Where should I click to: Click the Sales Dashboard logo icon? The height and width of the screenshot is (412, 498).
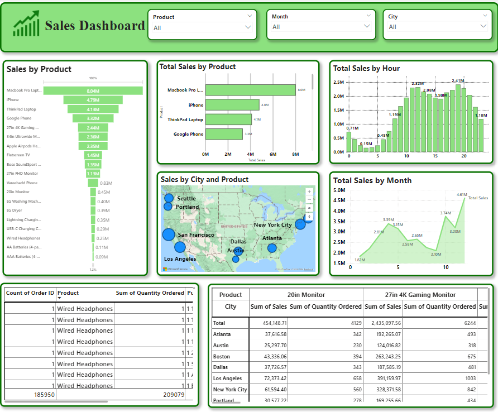tap(26, 24)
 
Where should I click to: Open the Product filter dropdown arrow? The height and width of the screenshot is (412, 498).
tap(248, 27)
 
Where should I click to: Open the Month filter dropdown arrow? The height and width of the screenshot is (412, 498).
tap(367, 26)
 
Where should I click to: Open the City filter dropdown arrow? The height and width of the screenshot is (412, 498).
tap(483, 26)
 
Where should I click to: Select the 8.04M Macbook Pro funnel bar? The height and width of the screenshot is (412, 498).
tap(93, 90)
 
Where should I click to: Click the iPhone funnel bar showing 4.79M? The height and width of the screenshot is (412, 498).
tap(93, 100)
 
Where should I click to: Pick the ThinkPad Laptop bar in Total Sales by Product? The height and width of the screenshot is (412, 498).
tap(228, 119)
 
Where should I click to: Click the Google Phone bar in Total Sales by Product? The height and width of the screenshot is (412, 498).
tap(224, 134)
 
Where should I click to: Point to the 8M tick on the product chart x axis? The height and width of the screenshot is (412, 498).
tap(295, 154)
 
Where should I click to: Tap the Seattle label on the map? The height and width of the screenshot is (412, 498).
tap(186, 199)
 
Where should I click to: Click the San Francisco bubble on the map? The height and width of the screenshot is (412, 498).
tap(169, 234)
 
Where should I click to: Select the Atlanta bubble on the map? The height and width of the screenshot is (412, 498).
tap(272, 248)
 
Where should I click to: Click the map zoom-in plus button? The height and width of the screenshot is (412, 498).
tap(309, 191)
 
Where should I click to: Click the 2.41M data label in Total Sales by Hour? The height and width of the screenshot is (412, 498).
tap(458, 81)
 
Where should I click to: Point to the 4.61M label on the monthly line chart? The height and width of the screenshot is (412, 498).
tap(461, 195)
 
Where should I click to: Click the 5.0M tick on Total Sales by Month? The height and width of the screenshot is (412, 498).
tap(339, 190)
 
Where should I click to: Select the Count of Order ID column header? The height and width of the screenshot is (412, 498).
tap(30, 293)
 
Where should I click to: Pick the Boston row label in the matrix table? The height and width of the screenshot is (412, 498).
tap(222, 356)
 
